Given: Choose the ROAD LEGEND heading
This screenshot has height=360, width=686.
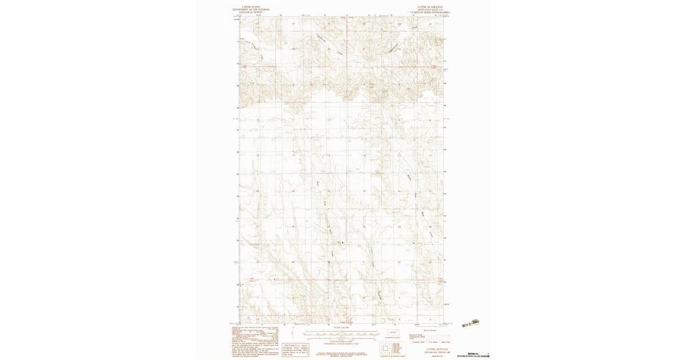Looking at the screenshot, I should pyautogui.click(x=429, y=330).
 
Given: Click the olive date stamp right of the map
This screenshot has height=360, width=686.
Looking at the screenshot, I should pyautogui.click(x=471, y=323).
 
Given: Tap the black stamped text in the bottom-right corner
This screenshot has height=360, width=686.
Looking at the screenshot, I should pyautogui.click(x=478, y=355).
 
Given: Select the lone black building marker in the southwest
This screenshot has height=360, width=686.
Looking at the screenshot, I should pyautogui.click(x=274, y=279).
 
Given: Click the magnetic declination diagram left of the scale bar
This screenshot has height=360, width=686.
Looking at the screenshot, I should pyautogui.click(x=293, y=333).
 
